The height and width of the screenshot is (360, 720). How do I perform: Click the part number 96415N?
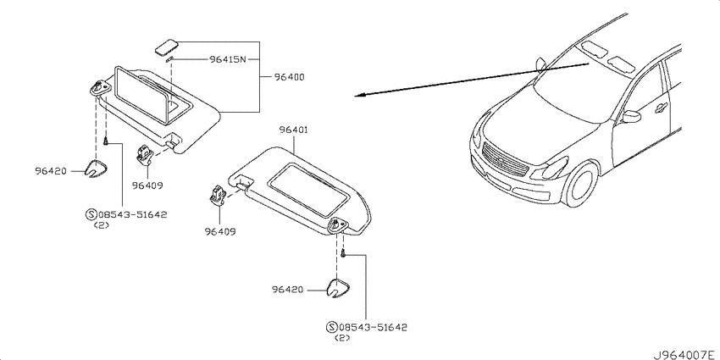tap(228, 59)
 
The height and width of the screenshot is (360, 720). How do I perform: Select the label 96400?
tap(290, 77)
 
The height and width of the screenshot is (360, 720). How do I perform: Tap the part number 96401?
tap(293, 130)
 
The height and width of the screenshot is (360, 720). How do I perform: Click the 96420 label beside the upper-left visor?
tap(51, 171)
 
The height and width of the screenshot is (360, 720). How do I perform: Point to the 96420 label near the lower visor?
tap(287, 290)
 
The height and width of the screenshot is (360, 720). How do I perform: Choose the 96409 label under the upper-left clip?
tap(147, 186)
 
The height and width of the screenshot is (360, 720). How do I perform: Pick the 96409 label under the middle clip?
tap(220, 232)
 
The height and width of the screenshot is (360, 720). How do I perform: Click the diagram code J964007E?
tap(685, 355)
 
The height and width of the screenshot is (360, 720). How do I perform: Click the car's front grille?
tap(504, 160)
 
